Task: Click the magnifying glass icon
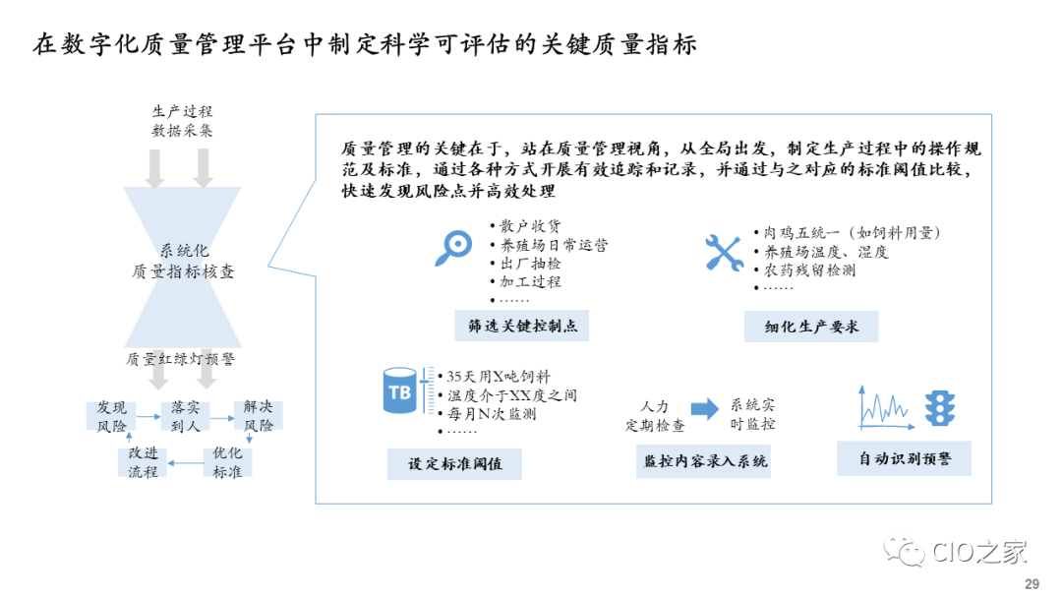click(x=452, y=250)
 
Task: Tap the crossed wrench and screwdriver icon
click(x=723, y=252)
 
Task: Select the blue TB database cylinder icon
click(x=400, y=392)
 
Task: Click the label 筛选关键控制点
click(x=521, y=326)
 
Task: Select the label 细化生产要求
click(x=811, y=326)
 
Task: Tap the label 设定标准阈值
click(x=454, y=463)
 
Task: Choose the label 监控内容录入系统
click(x=704, y=460)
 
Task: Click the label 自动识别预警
click(x=904, y=458)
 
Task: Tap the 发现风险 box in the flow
click(x=111, y=416)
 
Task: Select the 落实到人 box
click(x=186, y=416)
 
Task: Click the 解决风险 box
click(x=259, y=416)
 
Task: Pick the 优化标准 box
click(x=227, y=462)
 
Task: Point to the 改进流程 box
click(x=143, y=462)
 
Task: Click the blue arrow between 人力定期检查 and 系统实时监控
click(x=704, y=409)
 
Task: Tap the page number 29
click(x=1032, y=583)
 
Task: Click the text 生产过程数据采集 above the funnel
click(x=182, y=121)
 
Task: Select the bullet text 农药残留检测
click(x=809, y=269)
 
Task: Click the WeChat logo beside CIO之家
click(x=905, y=552)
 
